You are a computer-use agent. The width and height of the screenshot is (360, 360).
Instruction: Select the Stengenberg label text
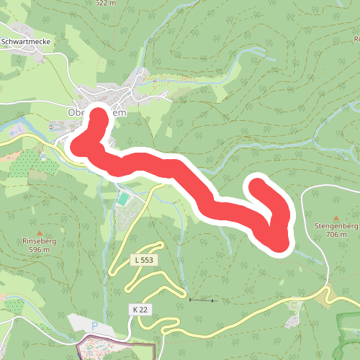coord(336,226)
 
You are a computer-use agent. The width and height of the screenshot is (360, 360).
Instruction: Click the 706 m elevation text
coord(336,234)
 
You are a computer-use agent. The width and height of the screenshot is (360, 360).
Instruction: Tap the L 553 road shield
coord(144,259)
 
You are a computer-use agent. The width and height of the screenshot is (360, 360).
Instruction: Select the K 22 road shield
coord(140,309)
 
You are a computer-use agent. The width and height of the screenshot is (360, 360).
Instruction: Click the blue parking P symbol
coord(94,326)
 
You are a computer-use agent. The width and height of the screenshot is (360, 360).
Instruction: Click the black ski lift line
coord(202,300)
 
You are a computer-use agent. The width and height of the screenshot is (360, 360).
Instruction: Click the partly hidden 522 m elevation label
coord(104,3)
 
